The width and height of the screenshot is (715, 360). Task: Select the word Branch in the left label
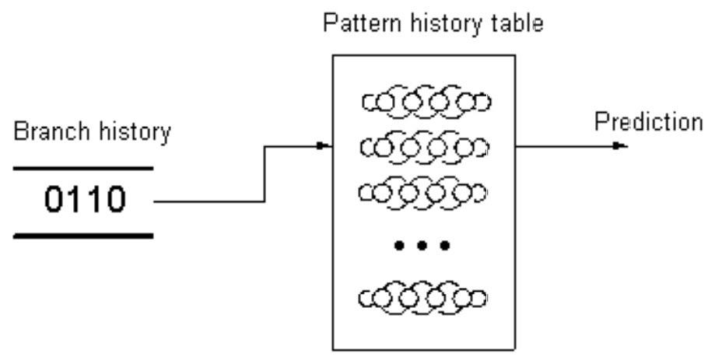click(47, 131)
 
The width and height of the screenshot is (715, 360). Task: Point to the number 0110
click(82, 201)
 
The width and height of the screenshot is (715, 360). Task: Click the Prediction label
click(647, 122)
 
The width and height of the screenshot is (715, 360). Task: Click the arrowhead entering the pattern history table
click(325, 145)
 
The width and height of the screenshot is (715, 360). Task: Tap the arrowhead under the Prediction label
click(619, 145)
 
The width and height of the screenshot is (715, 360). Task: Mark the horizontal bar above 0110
click(82, 167)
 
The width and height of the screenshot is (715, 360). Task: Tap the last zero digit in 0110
click(113, 201)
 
